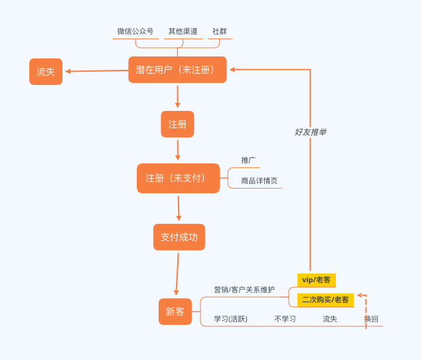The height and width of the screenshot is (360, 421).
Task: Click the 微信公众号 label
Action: [135, 31]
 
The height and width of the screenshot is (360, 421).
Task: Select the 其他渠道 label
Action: [183, 31]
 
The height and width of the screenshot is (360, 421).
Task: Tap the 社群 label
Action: [219, 31]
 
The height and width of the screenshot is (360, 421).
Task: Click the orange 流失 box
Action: [46, 72]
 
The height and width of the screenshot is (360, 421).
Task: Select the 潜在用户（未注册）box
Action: [177, 70]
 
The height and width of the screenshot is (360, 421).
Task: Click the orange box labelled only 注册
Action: [177, 124]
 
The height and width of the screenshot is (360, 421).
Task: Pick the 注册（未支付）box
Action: [178, 178]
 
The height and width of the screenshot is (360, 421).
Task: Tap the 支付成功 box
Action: [179, 237]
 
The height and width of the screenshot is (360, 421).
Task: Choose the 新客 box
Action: [175, 312]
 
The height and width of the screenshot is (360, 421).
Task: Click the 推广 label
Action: [248, 160]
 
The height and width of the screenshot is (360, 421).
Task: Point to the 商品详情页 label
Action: [259, 181]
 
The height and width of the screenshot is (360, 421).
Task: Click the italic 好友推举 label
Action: [310, 132]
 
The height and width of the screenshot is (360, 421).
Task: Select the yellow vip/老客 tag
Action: [316, 280]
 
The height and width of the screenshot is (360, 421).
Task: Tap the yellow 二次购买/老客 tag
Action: [325, 300]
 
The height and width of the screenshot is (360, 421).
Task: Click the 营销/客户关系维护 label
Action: [244, 290]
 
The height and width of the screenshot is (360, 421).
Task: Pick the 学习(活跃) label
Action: [230, 319]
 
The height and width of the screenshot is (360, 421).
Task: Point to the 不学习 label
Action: [285, 319]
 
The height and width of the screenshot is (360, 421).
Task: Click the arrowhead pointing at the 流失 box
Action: [68, 71]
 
